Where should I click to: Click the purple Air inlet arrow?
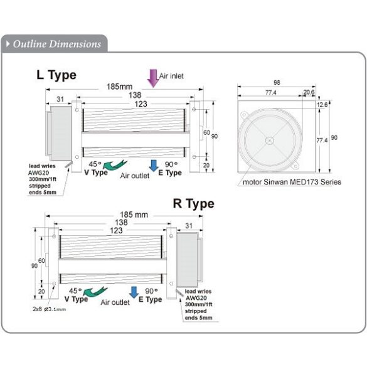[153, 78]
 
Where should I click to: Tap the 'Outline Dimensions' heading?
[57, 44]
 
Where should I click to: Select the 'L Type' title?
[56, 75]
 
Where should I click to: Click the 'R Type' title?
[194, 204]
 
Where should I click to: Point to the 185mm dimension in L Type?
[119, 87]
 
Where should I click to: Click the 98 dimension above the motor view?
[277, 82]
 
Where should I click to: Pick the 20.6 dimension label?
[309, 92]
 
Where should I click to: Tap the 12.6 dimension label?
[322, 105]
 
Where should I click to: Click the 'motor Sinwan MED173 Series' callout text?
[292, 182]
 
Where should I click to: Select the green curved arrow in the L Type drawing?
[115, 165]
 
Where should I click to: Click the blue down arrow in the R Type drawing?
[134, 292]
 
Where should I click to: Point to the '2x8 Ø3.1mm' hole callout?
[50, 309]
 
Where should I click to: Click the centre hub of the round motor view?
[270, 141]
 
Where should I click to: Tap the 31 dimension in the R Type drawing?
[189, 226]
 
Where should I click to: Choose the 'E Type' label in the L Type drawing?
[170, 173]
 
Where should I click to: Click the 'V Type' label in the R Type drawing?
[77, 299]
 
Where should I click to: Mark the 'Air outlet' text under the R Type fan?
[115, 302]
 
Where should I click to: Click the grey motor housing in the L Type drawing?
[61, 134]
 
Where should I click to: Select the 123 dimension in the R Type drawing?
[116, 230]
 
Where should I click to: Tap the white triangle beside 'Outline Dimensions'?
[8, 44]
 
